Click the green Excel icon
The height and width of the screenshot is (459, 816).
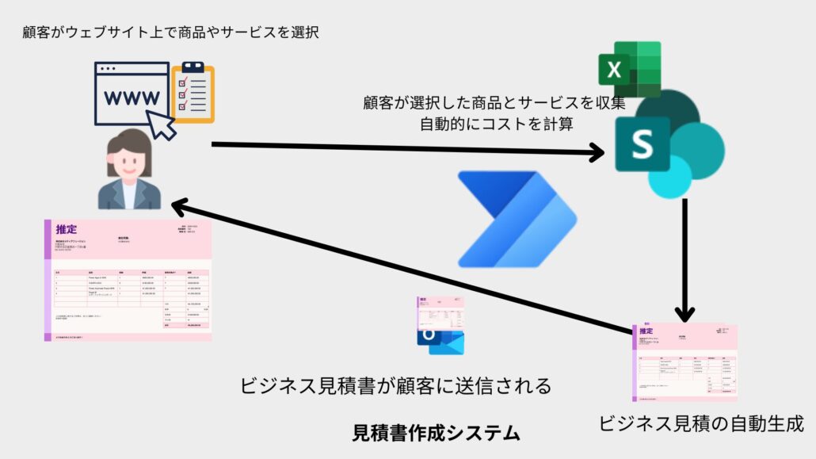629,69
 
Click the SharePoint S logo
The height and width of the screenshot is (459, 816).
643,145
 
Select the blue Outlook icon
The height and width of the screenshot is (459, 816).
440,339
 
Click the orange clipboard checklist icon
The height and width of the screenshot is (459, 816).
193,93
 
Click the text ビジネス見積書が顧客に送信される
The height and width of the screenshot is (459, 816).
395,386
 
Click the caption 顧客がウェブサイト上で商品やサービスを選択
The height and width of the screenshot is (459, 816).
172,33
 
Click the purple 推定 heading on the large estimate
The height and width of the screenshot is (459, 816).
67,230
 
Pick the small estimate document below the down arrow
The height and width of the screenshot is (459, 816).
684,361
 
